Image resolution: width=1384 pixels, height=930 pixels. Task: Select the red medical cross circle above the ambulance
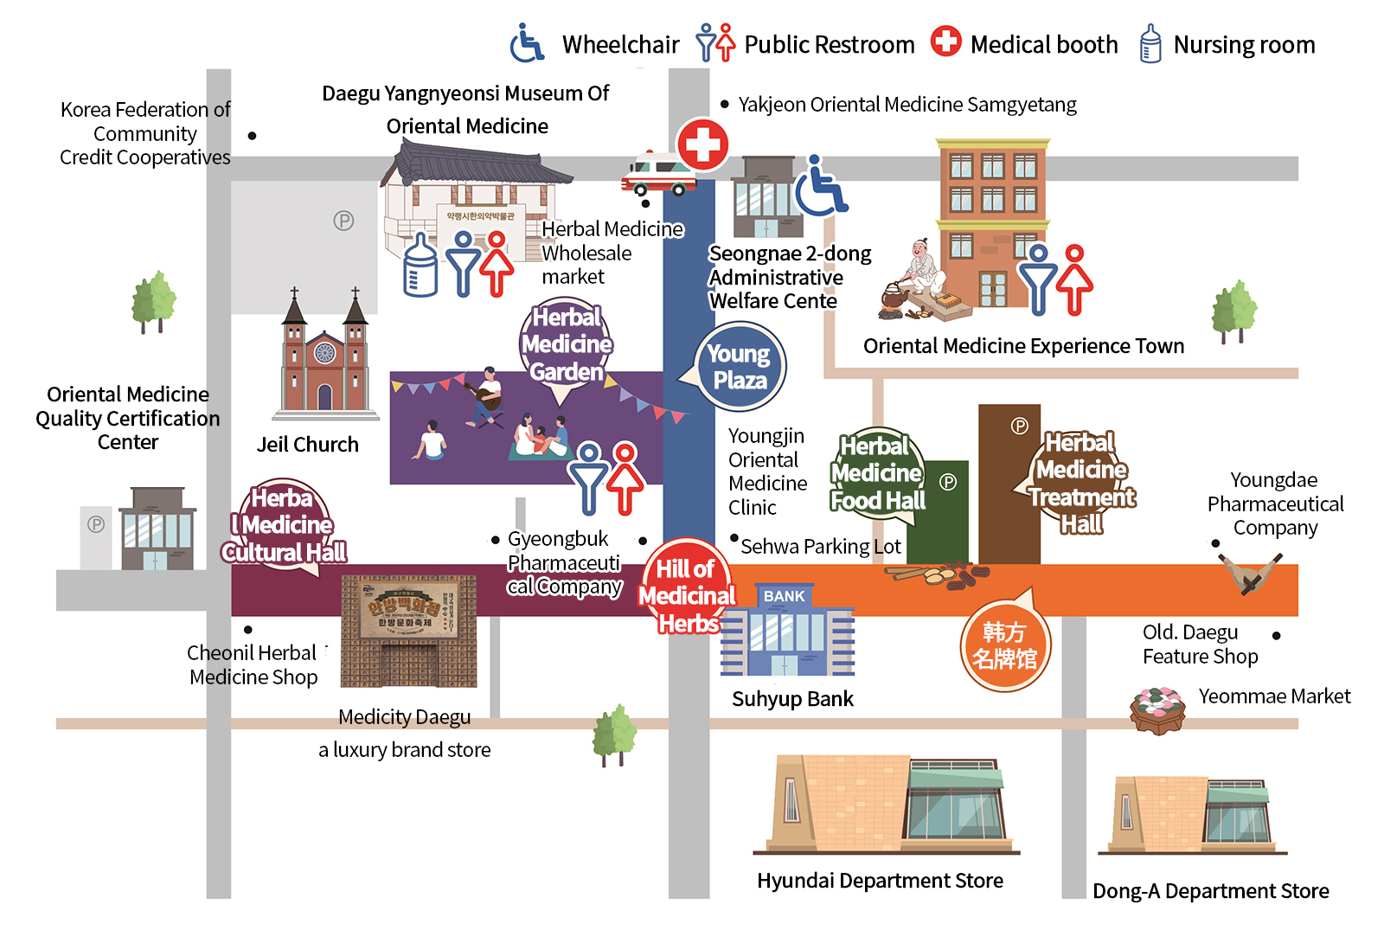pyautogui.click(x=702, y=144)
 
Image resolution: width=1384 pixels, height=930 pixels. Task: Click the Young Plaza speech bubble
pyautogui.click(x=740, y=367)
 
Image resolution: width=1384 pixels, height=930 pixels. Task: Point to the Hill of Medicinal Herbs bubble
pyautogui.click(x=688, y=595)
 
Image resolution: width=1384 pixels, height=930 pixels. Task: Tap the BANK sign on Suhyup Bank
pyautogui.click(x=784, y=596)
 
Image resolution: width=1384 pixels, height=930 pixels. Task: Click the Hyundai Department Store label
pyautogui.click(x=880, y=881)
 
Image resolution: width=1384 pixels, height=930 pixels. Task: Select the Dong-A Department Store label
pyautogui.click(x=1210, y=891)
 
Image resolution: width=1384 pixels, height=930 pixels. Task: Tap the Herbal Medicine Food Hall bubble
pyautogui.click(x=878, y=473)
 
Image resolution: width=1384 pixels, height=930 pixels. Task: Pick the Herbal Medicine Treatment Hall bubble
pyautogui.click(x=1081, y=483)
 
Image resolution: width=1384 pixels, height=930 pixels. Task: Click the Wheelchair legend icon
pyautogui.click(x=527, y=43)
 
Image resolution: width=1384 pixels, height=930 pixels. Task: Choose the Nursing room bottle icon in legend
pyautogui.click(x=1150, y=43)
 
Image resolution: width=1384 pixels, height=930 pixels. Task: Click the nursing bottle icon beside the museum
pyautogui.click(x=420, y=266)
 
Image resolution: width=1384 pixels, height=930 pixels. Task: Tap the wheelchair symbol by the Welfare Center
pyautogui.click(x=820, y=186)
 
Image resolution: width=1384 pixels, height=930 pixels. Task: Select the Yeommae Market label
pyautogui.click(x=1274, y=696)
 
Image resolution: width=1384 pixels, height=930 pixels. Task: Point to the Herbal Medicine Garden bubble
pyautogui.click(x=567, y=345)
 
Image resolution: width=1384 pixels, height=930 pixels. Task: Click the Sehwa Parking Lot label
pyautogui.click(x=820, y=547)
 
